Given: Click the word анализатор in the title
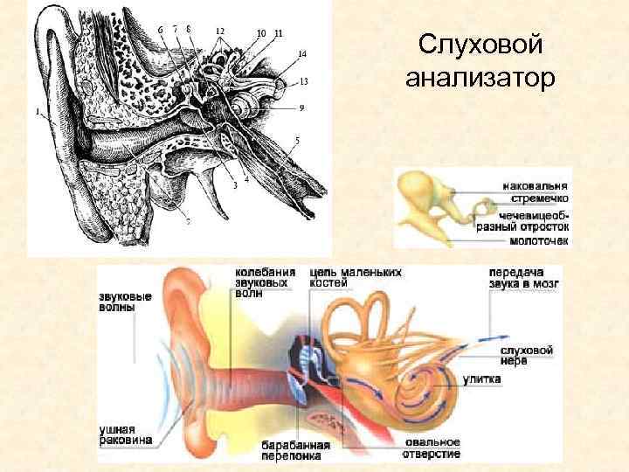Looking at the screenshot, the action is pyautogui.click(x=480, y=80).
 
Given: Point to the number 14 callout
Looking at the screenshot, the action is pyautogui.click(x=301, y=54).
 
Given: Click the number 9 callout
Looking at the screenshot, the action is pyautogui.click(x=301, y=108).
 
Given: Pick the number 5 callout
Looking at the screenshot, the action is pyautogui.click(x=297, y=140).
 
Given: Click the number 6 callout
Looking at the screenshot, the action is pyautogui.click(x=160, y=30).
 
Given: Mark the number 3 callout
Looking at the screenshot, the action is pyautogui.click(x=235, y=185).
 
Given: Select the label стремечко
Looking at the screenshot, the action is pyautogui.click(x=536, y=198).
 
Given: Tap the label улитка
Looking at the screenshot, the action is pyautogui.click(x=481, y=379).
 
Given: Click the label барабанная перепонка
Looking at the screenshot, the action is pyautogui.click(x=295, y=449).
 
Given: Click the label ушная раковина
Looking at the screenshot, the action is pyautogui.click(x=117, y=434).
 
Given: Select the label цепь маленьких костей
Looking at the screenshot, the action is pyautogui.click(x=356, y=278).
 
